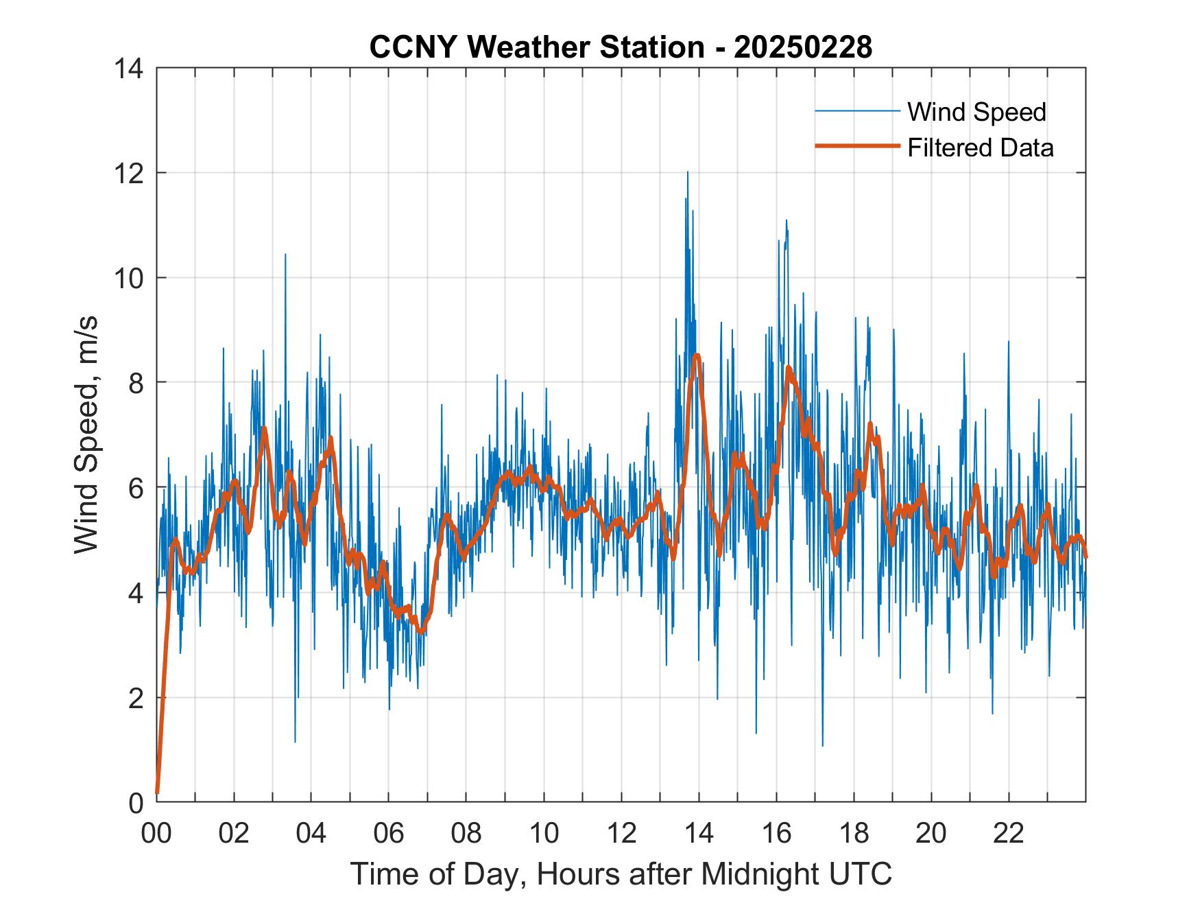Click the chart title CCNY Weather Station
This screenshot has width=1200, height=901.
536,47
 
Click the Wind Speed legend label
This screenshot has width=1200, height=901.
976,112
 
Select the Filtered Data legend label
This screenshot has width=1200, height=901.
980,148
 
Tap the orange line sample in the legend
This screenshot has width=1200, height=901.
857,146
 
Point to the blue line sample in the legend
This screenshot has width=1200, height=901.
857,111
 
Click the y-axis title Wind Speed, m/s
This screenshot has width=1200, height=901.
86,434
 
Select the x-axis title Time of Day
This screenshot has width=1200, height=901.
621,874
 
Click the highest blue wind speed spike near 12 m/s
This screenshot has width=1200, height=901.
687,173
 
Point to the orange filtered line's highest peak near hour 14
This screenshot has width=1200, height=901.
697,355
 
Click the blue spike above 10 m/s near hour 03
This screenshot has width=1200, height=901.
285,255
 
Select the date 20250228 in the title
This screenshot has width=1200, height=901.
803,47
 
